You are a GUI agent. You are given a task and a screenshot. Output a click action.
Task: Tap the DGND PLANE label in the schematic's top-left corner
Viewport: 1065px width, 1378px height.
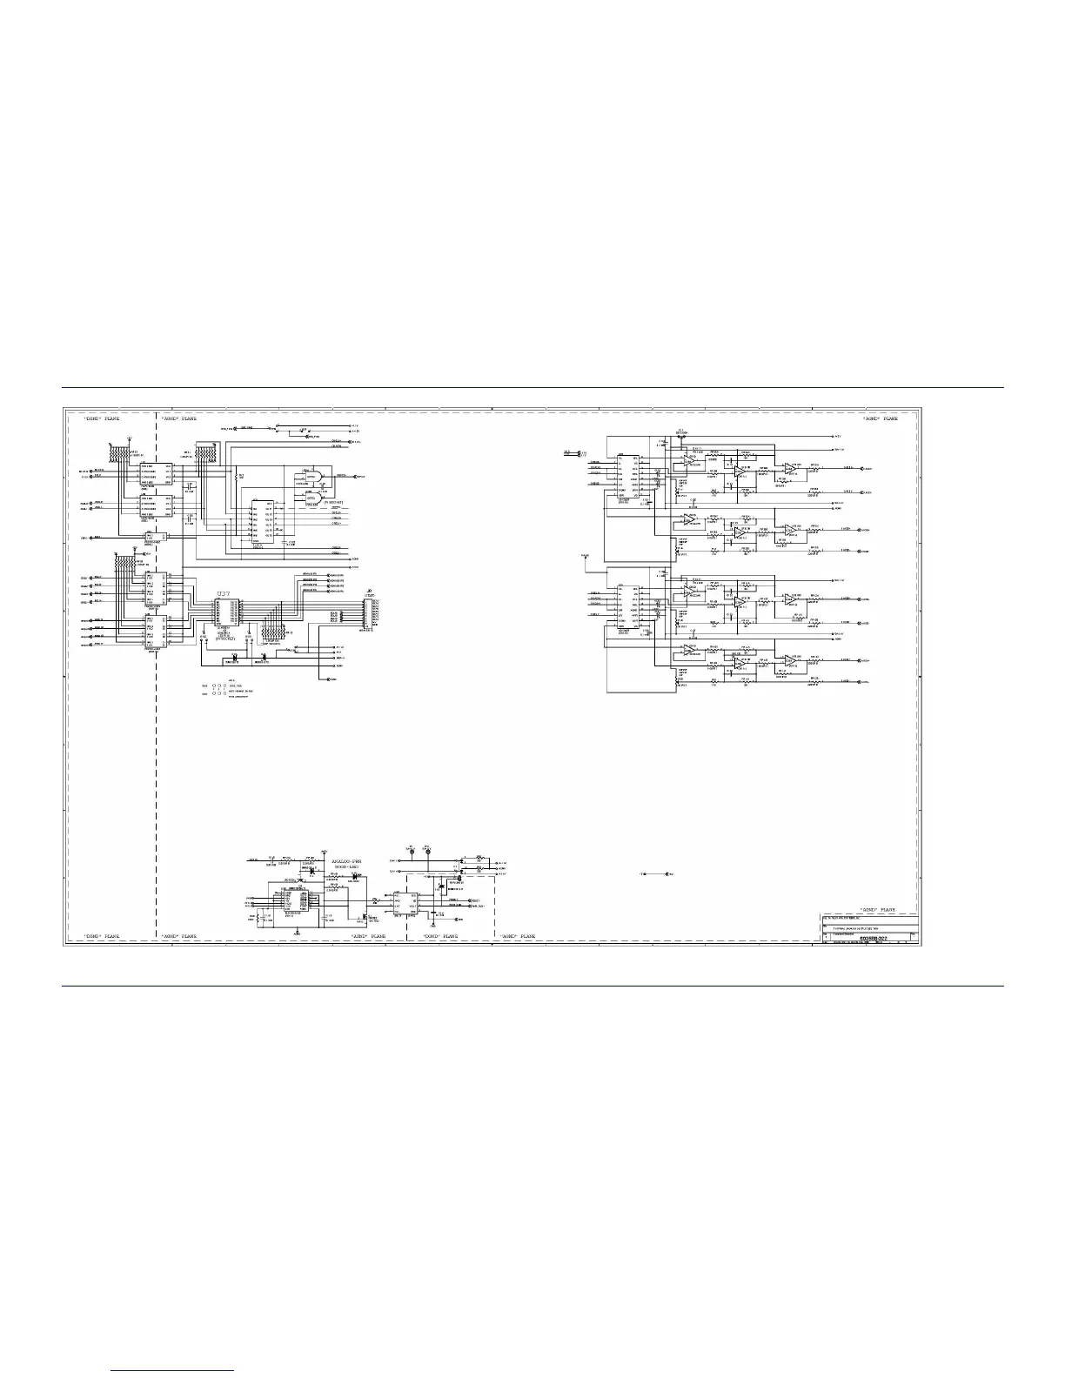(101, 418)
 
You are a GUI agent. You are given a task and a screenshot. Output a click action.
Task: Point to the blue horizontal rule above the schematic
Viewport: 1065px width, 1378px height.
(532, 388)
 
